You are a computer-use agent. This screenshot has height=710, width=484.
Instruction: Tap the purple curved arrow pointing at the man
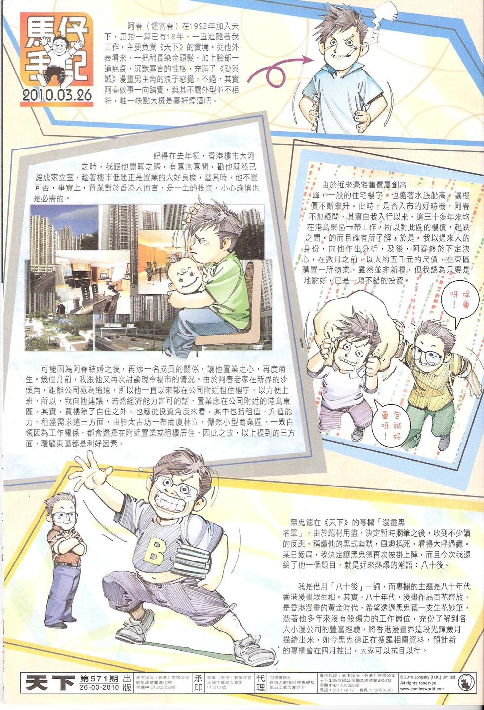click(x=277, y=69)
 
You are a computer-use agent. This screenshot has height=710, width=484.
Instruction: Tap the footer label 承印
click(x=198, y=683)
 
